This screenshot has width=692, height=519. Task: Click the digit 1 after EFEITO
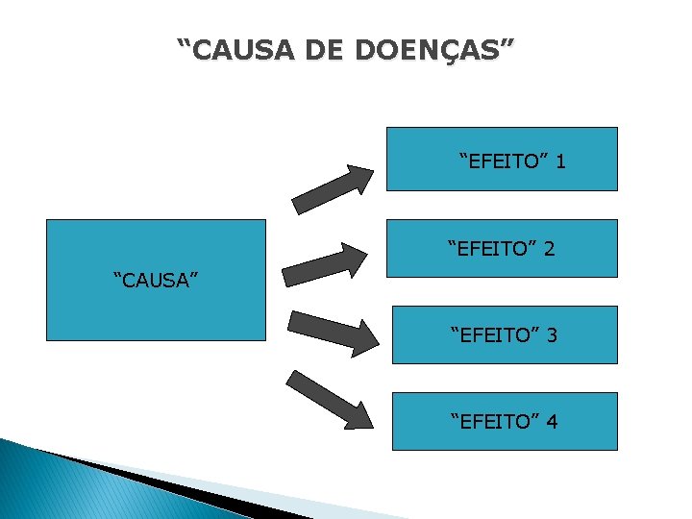559,161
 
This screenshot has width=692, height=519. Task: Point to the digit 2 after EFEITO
548,250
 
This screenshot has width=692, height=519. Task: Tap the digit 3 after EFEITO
552,335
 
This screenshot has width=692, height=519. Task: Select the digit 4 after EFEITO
552,421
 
